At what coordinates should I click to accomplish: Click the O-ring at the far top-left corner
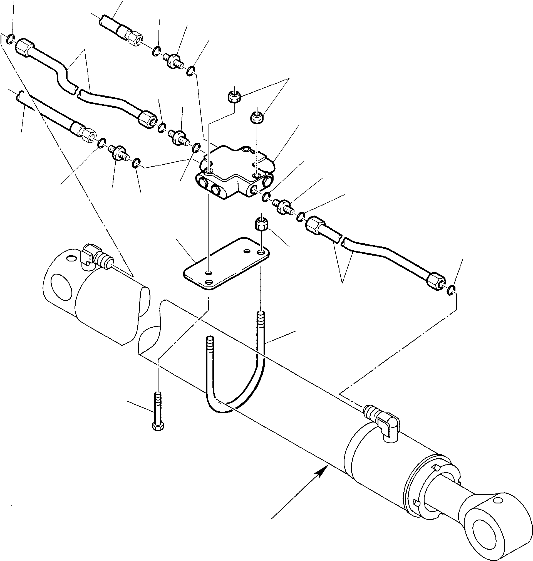click(x=10, y=39)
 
